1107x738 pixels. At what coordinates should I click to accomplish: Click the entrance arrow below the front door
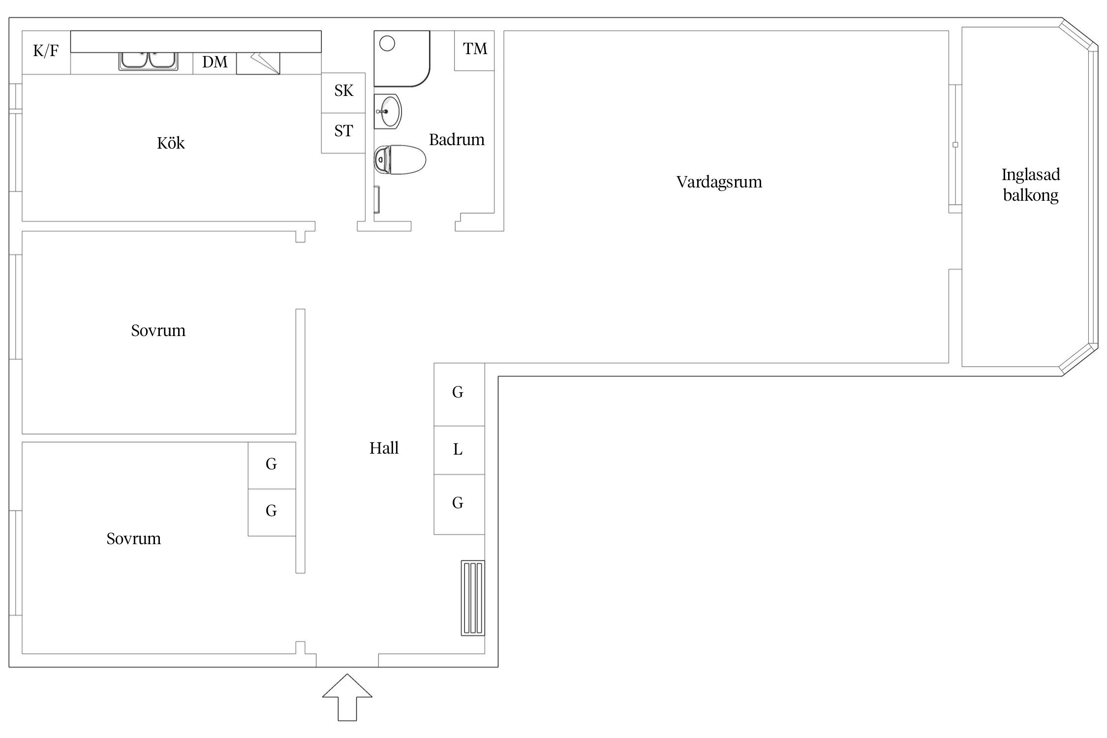coord(347,697)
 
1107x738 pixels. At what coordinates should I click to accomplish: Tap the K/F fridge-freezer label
coord(46,50)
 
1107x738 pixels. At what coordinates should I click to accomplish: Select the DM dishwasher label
coord(215,62)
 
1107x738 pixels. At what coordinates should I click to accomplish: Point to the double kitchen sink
coord(148,61)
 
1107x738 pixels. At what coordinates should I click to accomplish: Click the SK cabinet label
coord(344,91)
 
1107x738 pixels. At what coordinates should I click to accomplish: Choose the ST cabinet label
coord(344,131)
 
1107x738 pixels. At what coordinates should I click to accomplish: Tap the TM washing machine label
coord(475,48)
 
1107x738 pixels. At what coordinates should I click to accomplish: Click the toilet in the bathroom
coord(400,159)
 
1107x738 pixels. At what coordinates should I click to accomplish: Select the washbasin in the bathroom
coord(388,112)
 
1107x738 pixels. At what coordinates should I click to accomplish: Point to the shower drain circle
coord(388,44)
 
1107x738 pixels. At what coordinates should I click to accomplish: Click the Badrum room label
coord(457,140)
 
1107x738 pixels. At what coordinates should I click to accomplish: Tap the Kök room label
coord(171,143)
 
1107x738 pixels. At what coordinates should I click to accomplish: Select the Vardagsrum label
coord(719,183)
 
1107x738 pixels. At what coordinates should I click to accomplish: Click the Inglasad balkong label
coord(1031,185)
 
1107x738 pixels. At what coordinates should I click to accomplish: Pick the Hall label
coord(384,448)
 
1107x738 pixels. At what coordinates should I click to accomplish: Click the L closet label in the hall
coord(458,450)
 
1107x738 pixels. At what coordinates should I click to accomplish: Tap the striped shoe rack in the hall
coord(473,598)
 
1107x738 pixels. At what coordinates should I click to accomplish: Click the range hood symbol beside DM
coord(258,63)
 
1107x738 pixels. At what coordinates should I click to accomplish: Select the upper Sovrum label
coord(158,331)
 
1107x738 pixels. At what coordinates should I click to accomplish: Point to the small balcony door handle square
coord(955,145)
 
